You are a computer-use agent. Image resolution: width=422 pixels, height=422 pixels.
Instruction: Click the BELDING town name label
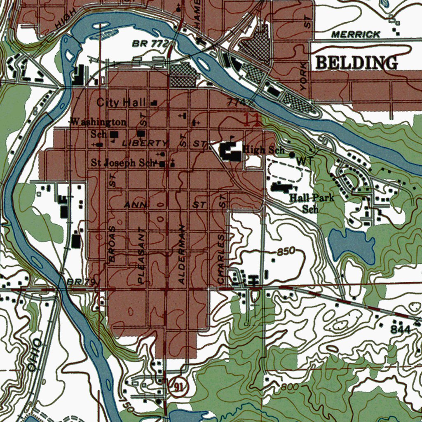(x=356, y=63)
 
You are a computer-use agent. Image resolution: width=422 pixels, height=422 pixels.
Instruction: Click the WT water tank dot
(x=292, y=155)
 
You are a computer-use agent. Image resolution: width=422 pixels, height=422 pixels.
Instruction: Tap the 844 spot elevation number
(x=401, y=330)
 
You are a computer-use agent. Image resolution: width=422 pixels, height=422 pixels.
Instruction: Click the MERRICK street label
(x=356, y=35)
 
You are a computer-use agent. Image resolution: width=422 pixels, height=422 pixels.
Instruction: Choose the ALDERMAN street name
(x=182, y=255)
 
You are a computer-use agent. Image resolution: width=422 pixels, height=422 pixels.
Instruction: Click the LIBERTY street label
(x=145, y=143)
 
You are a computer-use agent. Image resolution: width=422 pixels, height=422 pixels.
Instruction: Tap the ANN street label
(x=133, y=205)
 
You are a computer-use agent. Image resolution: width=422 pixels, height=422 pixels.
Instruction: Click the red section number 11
(x=251, y=120)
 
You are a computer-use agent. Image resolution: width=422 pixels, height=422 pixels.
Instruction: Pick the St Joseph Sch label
(x=123, y=163)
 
